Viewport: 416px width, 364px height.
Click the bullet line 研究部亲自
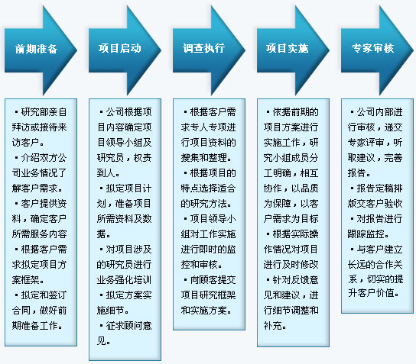coord(41,112)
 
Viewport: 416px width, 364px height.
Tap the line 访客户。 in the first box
coord(28,143)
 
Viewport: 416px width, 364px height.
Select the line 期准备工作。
coord(37,326)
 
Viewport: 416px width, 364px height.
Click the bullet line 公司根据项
coord(125,112)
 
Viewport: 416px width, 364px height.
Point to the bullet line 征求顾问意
coord(125,326)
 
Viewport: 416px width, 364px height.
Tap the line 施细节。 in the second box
coord(112,311)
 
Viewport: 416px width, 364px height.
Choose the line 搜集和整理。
coord(206,158)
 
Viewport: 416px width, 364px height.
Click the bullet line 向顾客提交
coord(210,280)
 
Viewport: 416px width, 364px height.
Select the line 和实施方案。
coord(206,311)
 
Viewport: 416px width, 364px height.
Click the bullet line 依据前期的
coord(293,112)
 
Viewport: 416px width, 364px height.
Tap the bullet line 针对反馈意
coord(293,280)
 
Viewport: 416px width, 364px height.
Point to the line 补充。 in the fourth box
coord(275,326)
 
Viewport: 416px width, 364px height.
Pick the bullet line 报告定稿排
coord(376,188)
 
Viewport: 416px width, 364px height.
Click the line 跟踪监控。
coord(369,234)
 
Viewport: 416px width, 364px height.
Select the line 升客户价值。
coord(373,293)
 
